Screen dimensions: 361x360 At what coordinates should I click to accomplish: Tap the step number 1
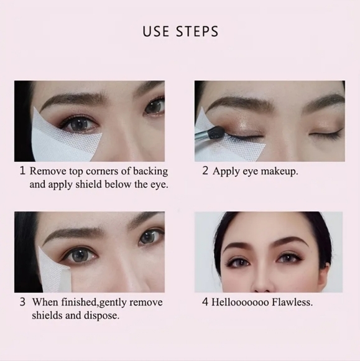[22, 171]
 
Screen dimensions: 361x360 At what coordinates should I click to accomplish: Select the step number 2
[205, 171]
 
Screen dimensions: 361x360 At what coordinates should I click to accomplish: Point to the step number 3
[22, 302]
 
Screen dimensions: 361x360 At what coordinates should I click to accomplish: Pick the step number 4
[205, 302]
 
